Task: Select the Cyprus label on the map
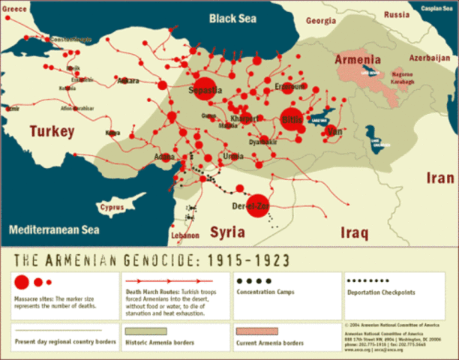(112, 205)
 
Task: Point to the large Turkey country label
(52, 132)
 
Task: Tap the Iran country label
(438, 178)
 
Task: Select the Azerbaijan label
(430, 57)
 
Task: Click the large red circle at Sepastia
(205, 88)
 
